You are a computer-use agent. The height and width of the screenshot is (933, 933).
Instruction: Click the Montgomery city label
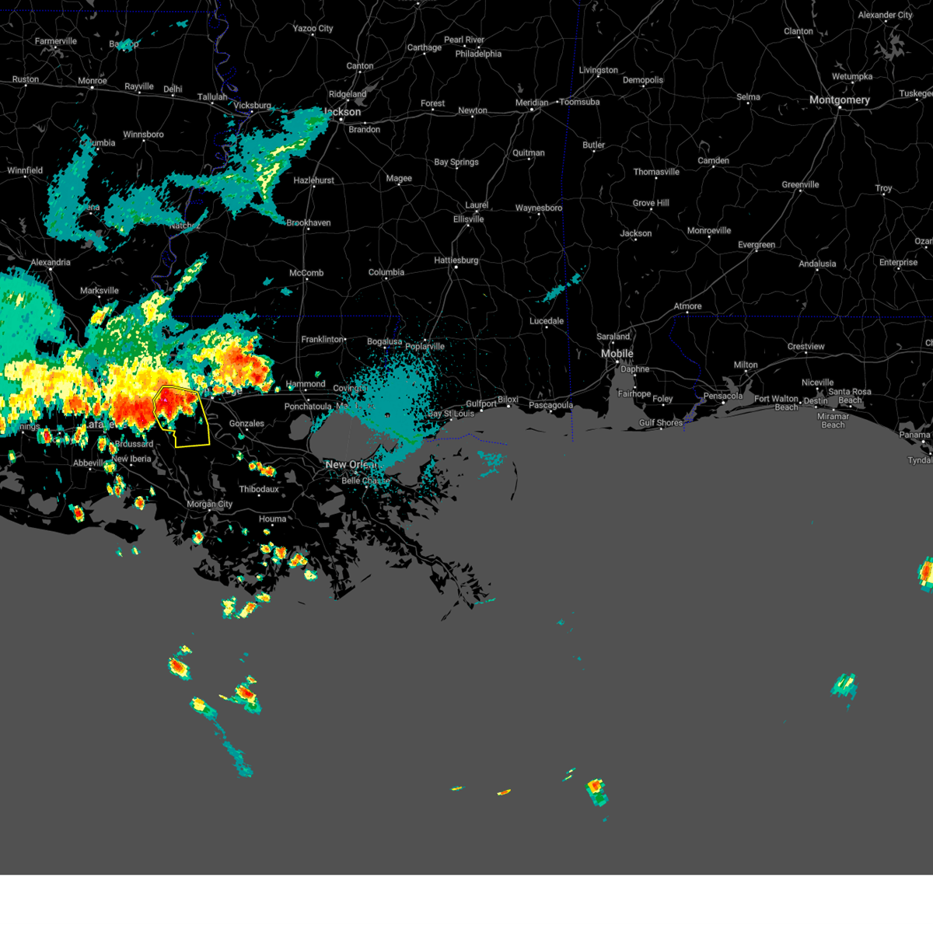839,100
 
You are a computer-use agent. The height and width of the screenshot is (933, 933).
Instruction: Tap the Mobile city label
617,354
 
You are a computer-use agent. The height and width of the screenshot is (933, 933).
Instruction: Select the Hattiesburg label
456,260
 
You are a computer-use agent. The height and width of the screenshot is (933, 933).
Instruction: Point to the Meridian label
531,103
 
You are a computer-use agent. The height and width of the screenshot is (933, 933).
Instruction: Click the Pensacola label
723,397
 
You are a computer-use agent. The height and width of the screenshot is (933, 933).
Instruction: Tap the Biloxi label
508,400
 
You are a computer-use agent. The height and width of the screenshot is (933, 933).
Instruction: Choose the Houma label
272,519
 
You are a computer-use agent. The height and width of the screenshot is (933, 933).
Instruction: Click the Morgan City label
209,505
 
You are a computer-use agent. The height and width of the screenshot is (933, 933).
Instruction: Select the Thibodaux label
259,490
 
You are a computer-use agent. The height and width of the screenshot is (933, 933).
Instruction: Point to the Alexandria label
51,263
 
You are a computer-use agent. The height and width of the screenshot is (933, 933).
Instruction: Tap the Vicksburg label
252,106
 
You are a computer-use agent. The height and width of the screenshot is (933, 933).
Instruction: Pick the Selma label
748,97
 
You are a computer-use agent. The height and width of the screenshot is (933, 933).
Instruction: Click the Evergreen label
756,245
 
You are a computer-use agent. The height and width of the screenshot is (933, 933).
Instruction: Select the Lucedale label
547,321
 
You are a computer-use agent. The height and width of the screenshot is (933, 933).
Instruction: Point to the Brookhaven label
309,223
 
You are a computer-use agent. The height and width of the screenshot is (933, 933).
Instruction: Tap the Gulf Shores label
661,423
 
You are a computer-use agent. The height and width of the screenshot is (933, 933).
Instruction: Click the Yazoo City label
313,29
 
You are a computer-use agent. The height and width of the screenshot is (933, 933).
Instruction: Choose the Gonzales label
246,424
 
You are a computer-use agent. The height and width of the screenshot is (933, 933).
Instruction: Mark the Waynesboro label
538,208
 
